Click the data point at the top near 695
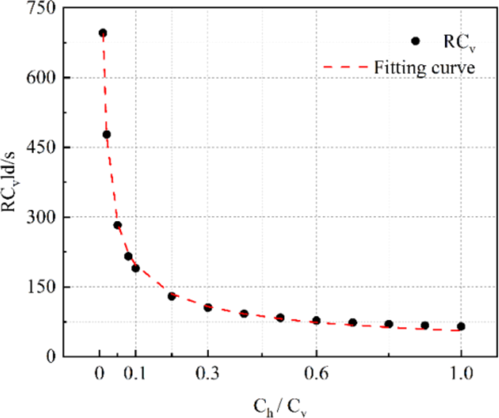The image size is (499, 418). pos(103,33)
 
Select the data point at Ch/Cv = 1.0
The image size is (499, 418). pos(460,326)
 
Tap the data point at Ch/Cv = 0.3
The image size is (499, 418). pos(208,307)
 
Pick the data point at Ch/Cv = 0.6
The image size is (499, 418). pos(316,320)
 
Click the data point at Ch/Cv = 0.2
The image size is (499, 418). pos(172,296)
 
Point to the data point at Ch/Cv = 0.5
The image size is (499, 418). pos(280,317)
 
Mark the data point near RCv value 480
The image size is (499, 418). pos(106,134)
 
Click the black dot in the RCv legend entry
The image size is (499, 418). pos(414,42)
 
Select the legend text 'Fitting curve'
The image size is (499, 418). pos(425,68)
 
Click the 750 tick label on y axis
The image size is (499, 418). pos(40,8)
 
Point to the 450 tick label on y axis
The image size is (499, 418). pos(40,147)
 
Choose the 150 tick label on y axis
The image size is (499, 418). pos(40,287)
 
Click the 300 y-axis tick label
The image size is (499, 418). pos(40,217)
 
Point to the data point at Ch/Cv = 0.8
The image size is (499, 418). pos(388,324)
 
